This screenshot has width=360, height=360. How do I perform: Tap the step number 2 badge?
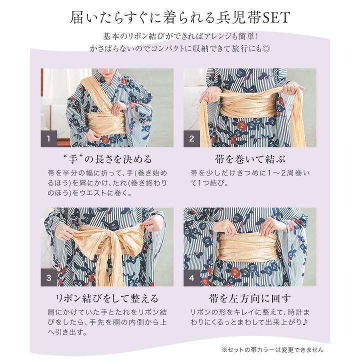coord(191,138)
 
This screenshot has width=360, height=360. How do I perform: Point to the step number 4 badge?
coord(191,278)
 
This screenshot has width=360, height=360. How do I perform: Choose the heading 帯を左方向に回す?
coord(251,299)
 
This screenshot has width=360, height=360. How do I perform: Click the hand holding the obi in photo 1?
coord(118,107)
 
